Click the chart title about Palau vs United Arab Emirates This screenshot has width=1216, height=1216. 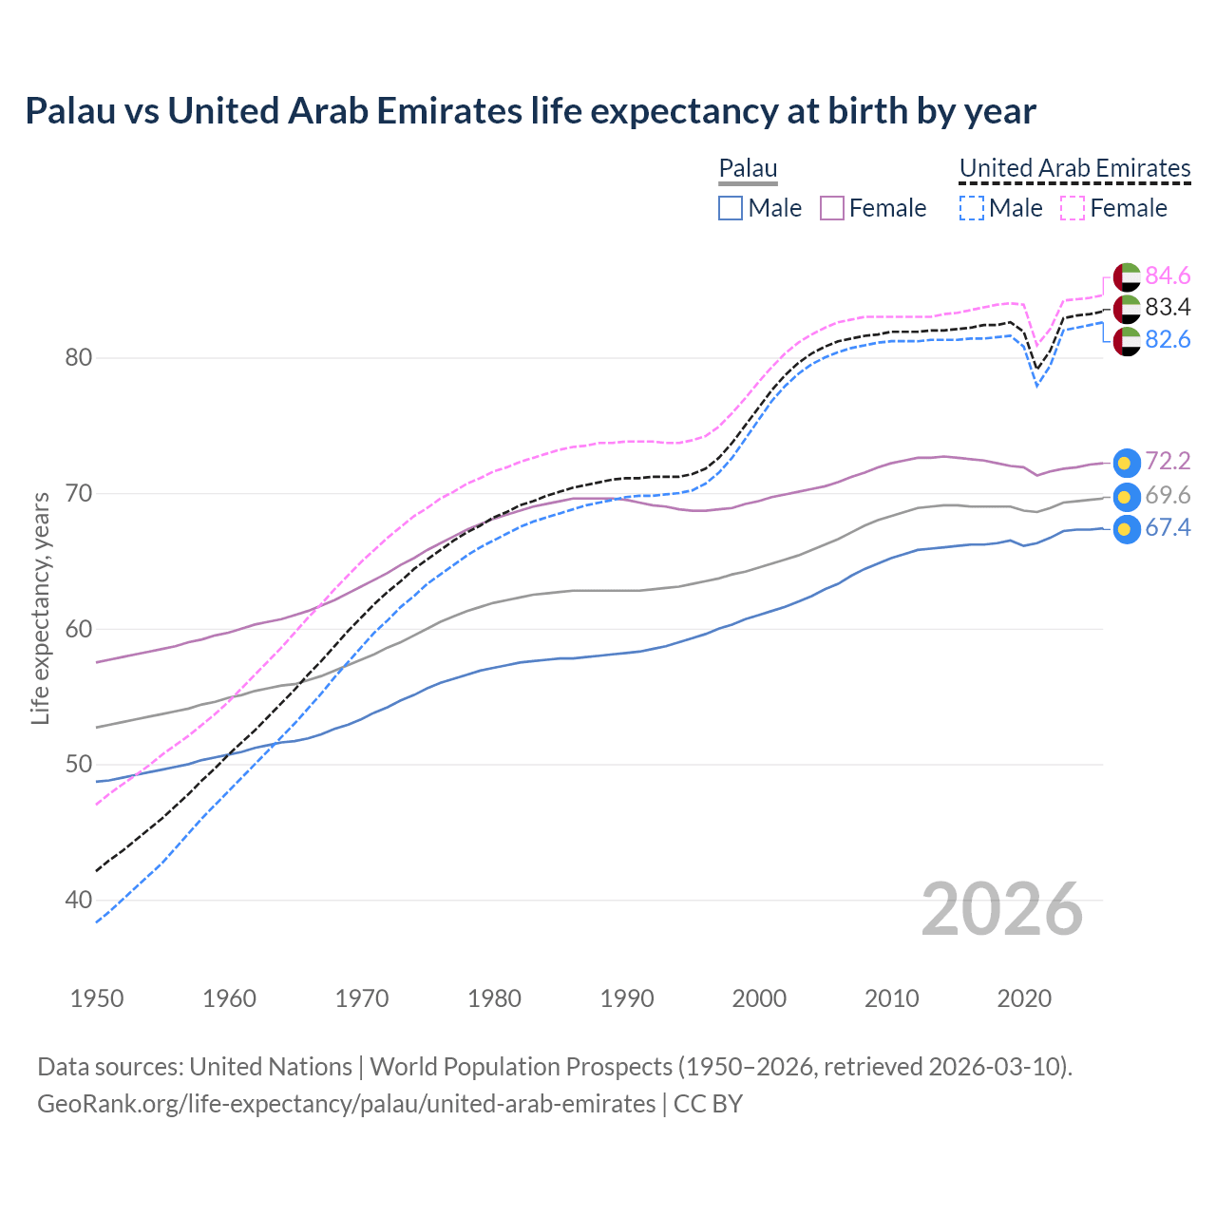click(530, 111)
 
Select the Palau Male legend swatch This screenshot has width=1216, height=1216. click(730, 208)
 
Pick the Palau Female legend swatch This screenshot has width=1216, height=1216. click(832, 208)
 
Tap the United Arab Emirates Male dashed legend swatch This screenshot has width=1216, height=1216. click(971, 208)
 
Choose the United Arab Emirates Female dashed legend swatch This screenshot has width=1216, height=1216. click(1073, 208)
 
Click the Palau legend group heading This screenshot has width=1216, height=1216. click(748, 168)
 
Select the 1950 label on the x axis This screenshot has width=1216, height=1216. click(97, 998)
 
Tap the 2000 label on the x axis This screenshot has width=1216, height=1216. click(759, 998)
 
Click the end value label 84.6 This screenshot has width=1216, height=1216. click(1168, 275)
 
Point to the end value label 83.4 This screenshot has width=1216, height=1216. click(1168, 307)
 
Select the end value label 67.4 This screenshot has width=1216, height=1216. click(1168, 528)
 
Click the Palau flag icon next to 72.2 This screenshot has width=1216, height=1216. click(1126, 463)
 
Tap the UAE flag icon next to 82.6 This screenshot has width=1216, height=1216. click(1126, 341)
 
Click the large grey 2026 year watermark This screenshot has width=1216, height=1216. click(1001, 909)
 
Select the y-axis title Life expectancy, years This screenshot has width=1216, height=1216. click(40, 608)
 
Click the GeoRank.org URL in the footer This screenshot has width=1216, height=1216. click(346, 1104)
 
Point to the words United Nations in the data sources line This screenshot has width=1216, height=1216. click(271, 1067)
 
